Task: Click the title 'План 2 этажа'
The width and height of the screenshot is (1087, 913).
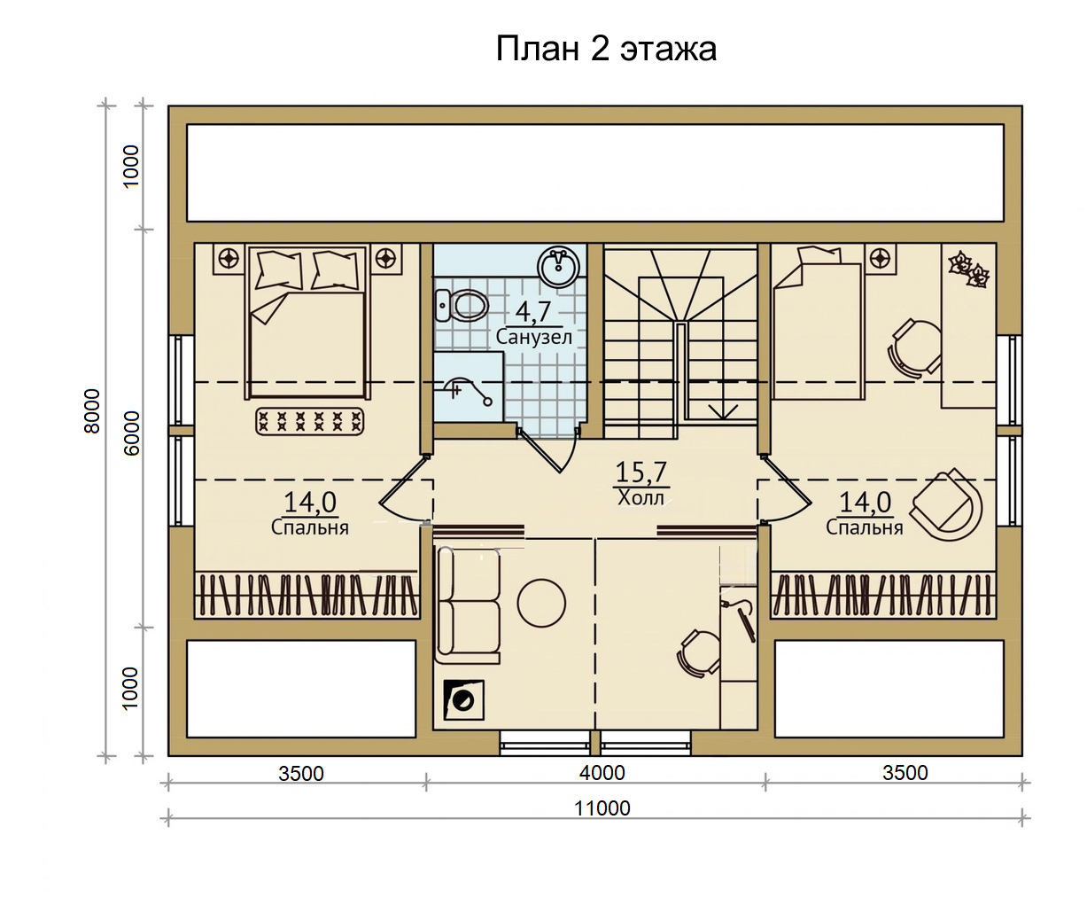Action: point(606,50)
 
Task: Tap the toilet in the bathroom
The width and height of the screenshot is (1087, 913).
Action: point(462,305)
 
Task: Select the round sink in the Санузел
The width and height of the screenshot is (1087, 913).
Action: point(558,267)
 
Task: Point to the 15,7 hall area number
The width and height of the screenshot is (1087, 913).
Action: point(641,472)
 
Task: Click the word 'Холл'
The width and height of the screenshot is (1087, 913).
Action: point(641,498)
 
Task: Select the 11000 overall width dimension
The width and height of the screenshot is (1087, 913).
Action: point(602,808)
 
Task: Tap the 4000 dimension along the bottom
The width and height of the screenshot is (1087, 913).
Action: point(602,774)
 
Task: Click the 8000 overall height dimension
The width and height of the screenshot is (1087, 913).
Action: point(91,411)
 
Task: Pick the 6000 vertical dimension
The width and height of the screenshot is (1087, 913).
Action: point(132,433)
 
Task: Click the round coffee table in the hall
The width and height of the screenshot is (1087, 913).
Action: point(541,604)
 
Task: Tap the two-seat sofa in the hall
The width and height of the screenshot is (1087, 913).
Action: point(468,605)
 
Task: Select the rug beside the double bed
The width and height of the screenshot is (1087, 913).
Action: point(310,421)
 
